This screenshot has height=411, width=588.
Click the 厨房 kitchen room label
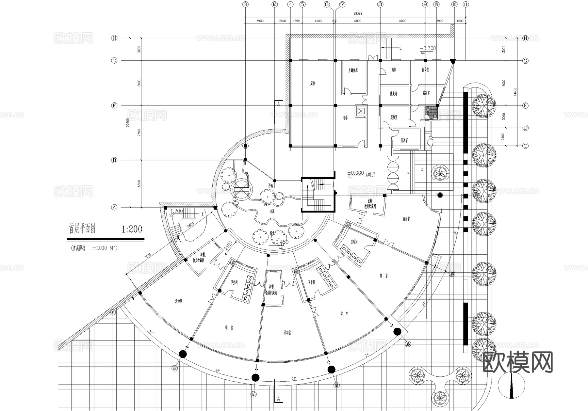(313, 84)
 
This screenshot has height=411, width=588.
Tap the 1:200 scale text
(132, 229)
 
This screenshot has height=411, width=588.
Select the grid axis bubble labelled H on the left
(114, 38)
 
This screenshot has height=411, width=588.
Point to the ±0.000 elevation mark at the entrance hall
(355, 173)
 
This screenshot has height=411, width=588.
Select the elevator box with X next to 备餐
(361, 111)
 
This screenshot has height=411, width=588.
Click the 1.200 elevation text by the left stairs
(177, 211)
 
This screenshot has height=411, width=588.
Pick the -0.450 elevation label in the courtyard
(281, 242)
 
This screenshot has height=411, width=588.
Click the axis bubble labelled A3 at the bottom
(253, 394)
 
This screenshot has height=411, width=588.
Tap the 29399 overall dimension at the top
(357, 14)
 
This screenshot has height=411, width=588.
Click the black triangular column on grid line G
(452, 61)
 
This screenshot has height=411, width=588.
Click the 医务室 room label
(425, 70)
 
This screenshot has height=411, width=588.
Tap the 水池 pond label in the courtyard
(272, 212)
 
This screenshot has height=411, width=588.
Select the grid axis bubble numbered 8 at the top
(380, 4)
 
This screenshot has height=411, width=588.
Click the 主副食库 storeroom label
(353, 70)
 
